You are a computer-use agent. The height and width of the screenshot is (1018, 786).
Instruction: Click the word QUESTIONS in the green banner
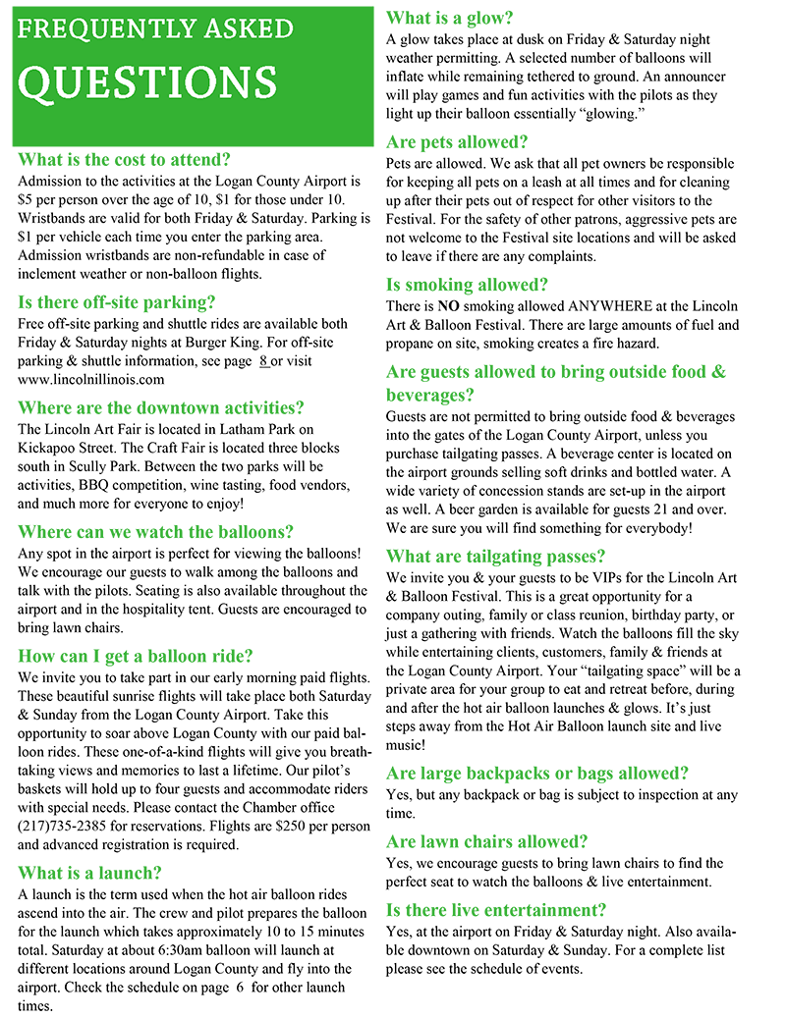148,84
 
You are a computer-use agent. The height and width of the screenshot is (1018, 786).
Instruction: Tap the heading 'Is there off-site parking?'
117,302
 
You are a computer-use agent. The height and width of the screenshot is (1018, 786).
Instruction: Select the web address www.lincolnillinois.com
91,379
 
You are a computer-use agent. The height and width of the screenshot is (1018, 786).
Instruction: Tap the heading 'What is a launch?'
89,873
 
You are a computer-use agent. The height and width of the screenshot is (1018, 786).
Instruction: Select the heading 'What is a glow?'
450,18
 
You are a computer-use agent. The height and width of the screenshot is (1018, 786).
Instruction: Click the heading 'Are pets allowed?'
457,141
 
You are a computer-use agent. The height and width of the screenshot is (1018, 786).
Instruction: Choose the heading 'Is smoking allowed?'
468,285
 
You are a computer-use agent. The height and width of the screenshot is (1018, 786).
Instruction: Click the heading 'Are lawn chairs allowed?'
487,841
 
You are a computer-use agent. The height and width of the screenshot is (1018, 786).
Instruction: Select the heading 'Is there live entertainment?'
496,909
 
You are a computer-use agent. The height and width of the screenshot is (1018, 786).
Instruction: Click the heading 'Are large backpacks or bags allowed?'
537,773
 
